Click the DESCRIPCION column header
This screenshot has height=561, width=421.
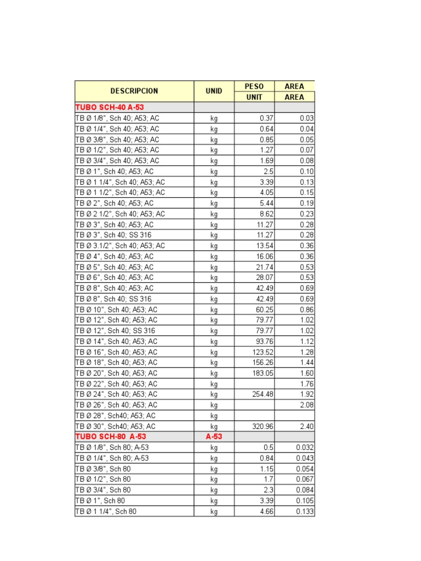134,91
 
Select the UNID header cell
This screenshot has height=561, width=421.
214,91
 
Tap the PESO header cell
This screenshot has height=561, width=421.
254,86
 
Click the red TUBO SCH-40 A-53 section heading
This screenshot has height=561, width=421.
109,107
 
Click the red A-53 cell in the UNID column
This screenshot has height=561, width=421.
214,437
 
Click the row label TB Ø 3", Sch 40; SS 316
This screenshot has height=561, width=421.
113,235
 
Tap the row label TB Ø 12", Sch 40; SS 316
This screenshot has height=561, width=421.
115,330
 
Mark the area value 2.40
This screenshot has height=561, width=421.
306,426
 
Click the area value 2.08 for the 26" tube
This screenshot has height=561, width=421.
306,405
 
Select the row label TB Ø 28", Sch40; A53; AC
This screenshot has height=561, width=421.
115,415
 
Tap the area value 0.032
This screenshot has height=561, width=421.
305,447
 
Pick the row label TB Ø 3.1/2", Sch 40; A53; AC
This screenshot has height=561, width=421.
120,245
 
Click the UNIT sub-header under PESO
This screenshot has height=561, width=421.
254,97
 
